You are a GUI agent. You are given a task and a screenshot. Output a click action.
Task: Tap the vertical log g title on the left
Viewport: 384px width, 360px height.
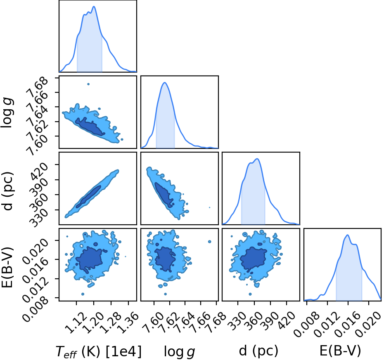point(7,112)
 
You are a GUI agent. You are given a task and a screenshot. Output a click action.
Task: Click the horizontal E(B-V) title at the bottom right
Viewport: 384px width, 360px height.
point(340,351)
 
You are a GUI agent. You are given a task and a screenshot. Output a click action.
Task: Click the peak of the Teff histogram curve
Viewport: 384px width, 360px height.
point(94,6)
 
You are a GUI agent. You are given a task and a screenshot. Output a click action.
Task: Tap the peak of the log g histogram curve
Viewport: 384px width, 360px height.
point(165,82)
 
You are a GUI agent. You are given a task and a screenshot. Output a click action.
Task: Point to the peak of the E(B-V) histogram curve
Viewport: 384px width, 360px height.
point(347,235)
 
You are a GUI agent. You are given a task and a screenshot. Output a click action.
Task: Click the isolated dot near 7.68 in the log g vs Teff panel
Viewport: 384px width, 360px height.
point(88,84)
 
